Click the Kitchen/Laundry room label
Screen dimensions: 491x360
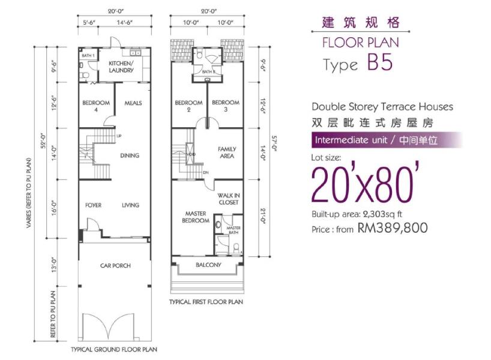click(x=121, y=67)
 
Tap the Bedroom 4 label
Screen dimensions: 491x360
click(x=96, y=106)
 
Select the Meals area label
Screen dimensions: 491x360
click(x=133, y=103)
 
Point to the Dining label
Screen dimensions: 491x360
click(x=130, y=155)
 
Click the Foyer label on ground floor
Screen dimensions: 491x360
click(x=93, y=205)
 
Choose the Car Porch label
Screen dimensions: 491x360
click(x=115, y=265)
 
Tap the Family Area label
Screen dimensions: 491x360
click(x=227, y=152)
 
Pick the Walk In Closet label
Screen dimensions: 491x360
click(x=229, y=199)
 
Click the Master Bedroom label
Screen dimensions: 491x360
click(x=196, y=217)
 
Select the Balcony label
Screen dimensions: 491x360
click(x=208, y=265)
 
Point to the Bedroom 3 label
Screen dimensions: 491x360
click(x=226, y=106)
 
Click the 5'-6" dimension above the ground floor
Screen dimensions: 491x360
click(x=89, y=23)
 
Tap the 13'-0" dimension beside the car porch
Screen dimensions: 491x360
click(x=54, y=265)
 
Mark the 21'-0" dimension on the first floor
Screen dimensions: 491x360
click(x=263, y=215)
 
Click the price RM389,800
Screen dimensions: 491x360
click(x=393, y=228)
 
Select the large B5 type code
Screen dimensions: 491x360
click(x=380, y=62)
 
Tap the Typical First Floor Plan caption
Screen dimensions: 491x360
click(x=206, y=302)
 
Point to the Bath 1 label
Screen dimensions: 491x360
click(x=88, y=55)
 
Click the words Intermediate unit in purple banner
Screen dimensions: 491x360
click(x=351, y=140)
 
